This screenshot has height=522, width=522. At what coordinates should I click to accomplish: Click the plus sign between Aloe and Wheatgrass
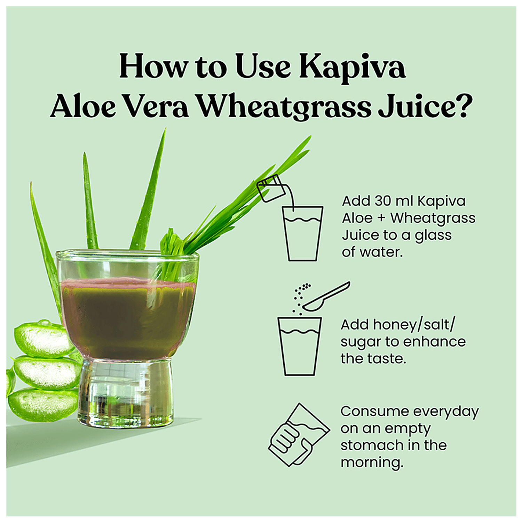tap(381, 219)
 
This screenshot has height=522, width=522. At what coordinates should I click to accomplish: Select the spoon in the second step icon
tap(326, 296)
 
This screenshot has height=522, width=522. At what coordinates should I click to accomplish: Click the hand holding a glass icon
tap(299, 435)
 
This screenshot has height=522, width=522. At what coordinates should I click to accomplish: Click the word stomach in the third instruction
tap(372, 445)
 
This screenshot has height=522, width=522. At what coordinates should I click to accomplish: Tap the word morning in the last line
tap(372, 463)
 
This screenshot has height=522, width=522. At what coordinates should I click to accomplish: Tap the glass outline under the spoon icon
tap(299, 346)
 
